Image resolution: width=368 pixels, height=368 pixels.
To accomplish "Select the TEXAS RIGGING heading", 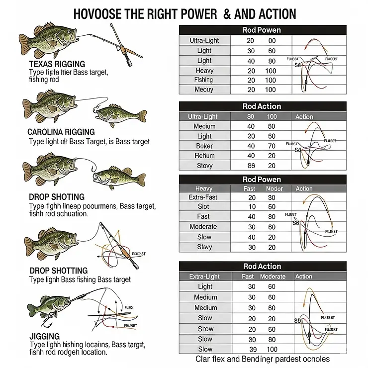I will coord(57,64).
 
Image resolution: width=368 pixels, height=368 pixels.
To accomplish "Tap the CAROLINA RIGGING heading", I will coord(61,132).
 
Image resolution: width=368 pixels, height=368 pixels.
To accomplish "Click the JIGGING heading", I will coord(44,336).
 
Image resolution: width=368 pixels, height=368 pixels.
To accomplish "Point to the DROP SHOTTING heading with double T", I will coord(58,271).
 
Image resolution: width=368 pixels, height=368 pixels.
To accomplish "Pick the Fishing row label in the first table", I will coord(204,80).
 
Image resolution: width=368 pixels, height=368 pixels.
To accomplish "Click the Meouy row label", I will coord(204,90).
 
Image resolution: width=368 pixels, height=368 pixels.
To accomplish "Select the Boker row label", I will coord(204,146).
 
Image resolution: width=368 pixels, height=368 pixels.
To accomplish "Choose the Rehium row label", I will coord(204,156).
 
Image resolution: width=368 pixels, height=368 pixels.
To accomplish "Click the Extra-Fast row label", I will coord(204,198).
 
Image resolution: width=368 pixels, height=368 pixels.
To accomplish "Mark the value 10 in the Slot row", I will coord(252,206).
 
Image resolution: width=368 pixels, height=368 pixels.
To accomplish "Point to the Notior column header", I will coord(274,189).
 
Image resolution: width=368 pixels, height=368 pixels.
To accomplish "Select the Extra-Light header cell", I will coord(204,276).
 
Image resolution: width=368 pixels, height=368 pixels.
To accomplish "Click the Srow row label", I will coord(205,329).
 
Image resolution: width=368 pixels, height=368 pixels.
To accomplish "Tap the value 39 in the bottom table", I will coord(252,349).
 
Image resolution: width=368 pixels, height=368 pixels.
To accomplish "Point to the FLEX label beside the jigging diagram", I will coord(129,308).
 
